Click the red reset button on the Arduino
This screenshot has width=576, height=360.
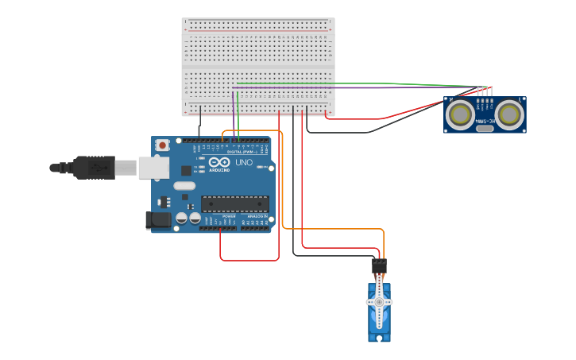pos(162,145)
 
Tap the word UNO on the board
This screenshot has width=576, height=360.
pos(245,163)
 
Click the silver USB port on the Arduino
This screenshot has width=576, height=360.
pos(153,167)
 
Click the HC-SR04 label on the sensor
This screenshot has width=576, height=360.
pos(485,121)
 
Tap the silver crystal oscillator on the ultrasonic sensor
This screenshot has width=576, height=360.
pos(485,128)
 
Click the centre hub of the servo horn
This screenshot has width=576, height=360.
pos(379,302)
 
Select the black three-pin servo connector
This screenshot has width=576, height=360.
pos(379,265)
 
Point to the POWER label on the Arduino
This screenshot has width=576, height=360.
pos(229,215)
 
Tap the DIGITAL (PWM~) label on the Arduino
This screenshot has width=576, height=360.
pos(242,152)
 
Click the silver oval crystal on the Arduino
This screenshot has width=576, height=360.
pos(184,186)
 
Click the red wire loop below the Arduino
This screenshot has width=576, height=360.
pos(249,259)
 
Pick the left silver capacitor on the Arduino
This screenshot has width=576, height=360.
pos(182,217)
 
